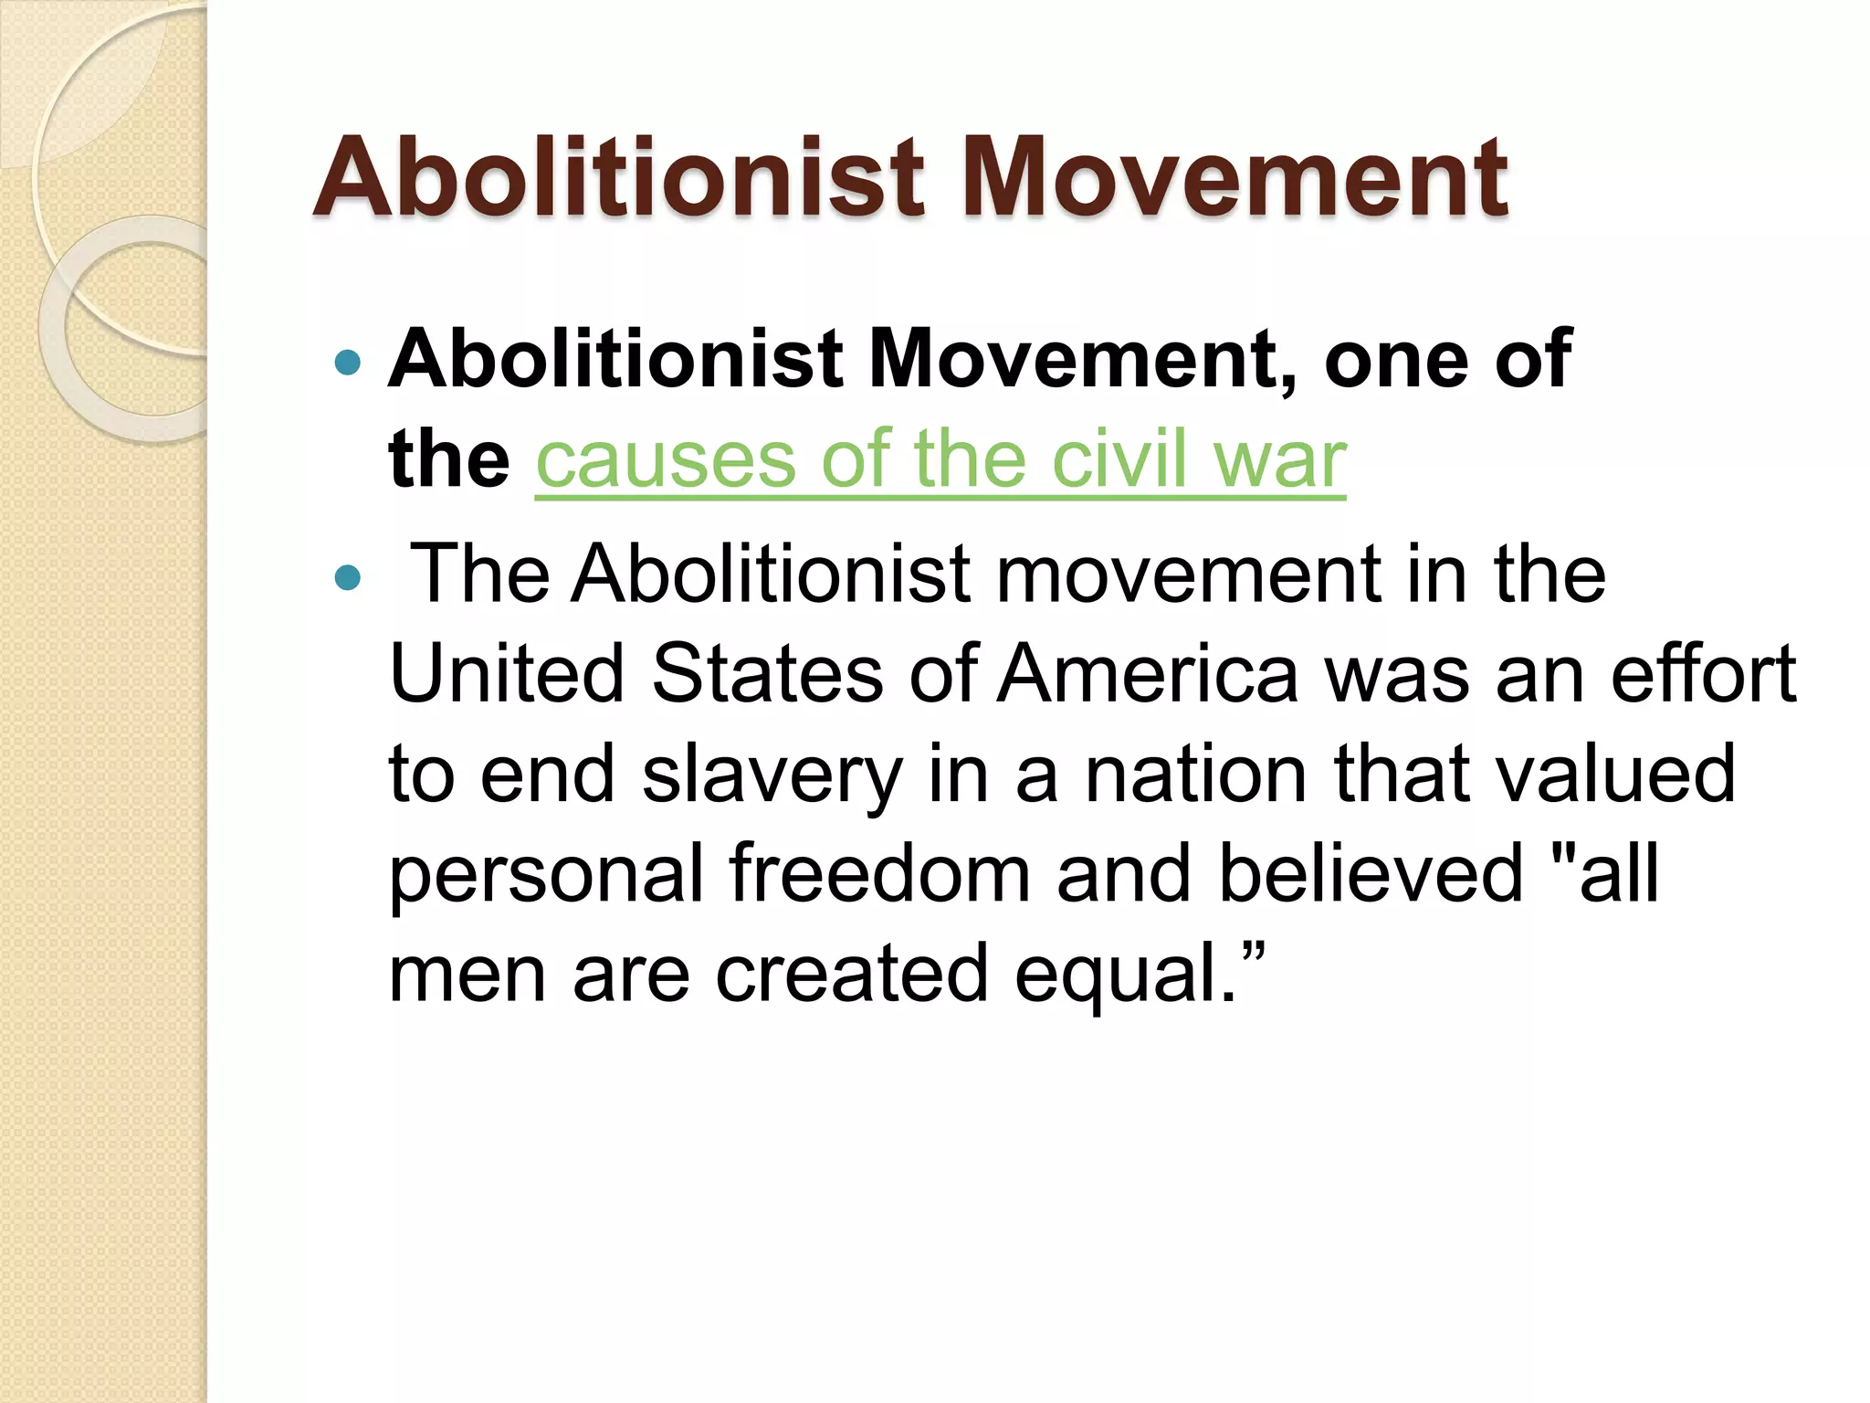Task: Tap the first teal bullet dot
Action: point(348,364)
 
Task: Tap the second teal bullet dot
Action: point(348,577)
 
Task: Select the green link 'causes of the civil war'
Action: point(940,459)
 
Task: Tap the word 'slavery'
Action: point(772,776)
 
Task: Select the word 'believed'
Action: point(1371,874)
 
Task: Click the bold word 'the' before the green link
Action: point(448,459)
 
